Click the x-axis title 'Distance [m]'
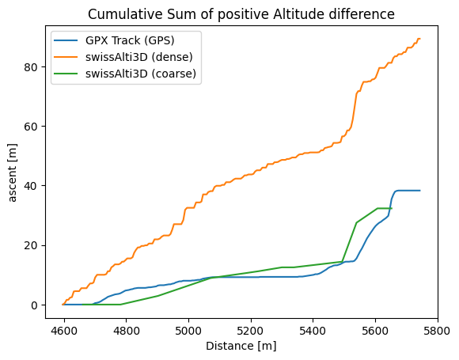pos(241,346)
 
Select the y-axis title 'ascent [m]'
pos(13,170)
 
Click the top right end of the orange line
pos(419,39)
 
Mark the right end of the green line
pos(391,208)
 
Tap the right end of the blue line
pos(419,191)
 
